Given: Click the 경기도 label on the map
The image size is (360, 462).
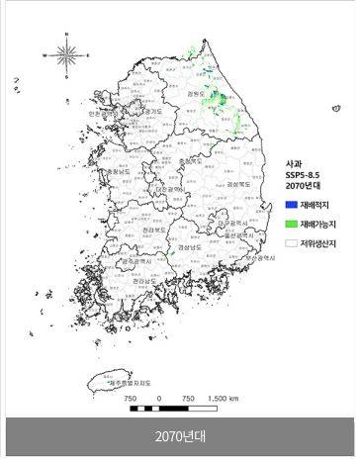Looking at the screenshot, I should click(x=153, y=112).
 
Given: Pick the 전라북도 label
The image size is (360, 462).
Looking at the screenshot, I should click(x=144, y=229).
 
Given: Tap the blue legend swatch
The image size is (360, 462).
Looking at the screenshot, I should click(x=292, y=203).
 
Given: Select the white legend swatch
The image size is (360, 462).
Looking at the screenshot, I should click(x=292, y=240).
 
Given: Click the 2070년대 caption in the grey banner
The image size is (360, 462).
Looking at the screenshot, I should click(x=179, y=437).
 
